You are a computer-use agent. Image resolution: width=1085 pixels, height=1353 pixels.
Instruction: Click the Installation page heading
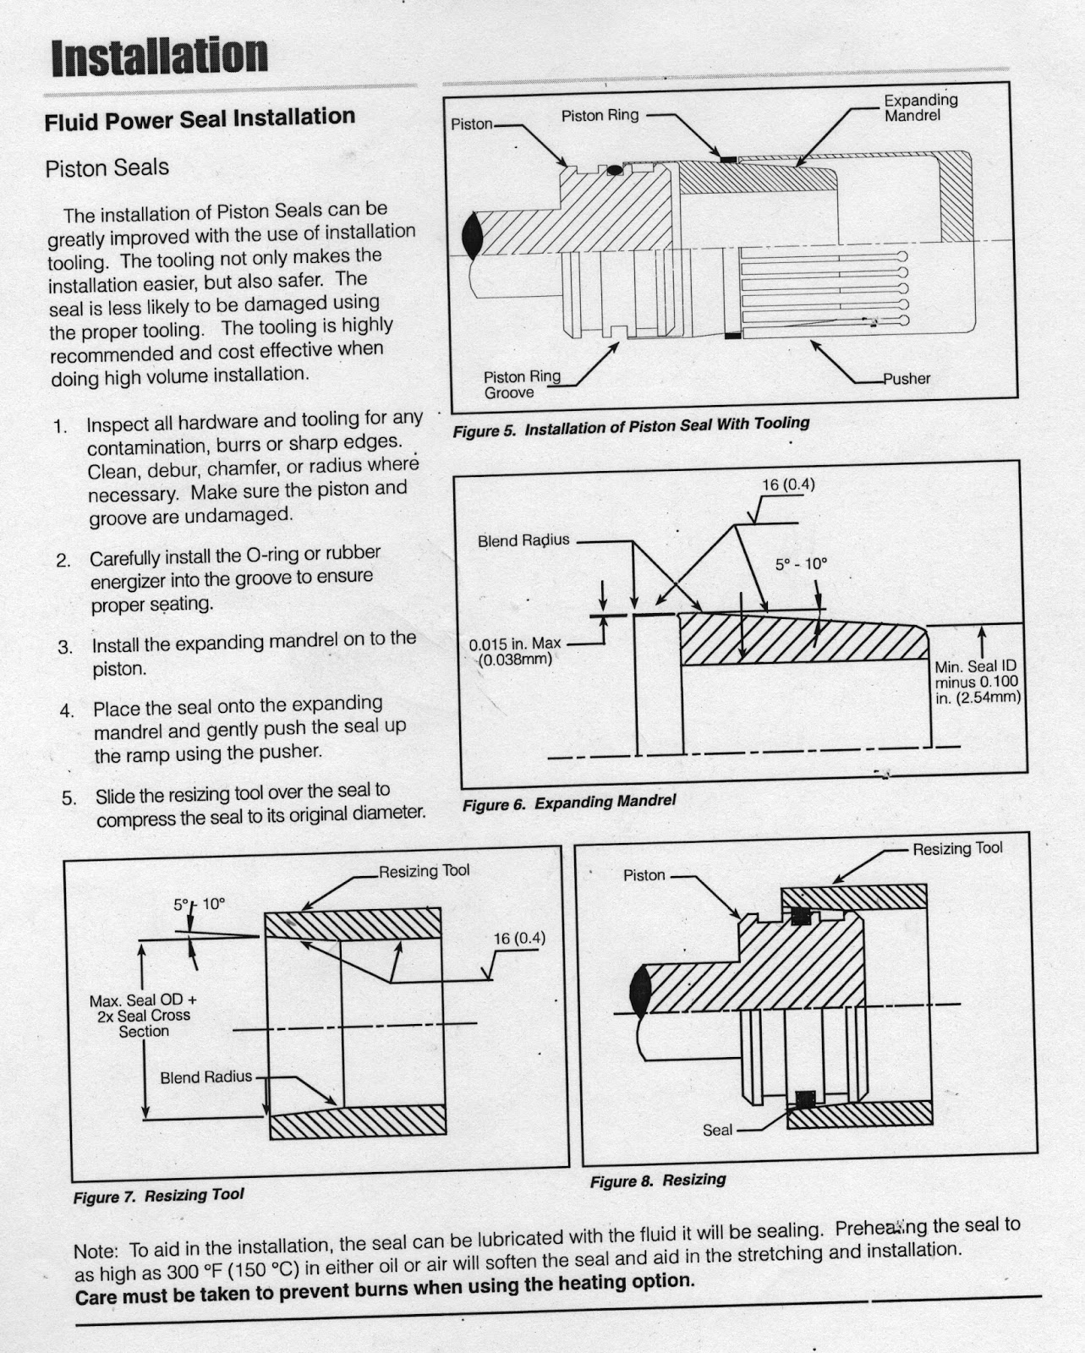pyautogui.click(x=159, y=57)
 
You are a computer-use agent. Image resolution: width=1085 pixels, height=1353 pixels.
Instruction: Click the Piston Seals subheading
pyautogui.click(x=107, y=167)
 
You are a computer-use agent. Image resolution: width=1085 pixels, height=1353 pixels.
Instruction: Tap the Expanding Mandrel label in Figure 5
pyautogui.click(x=920, y=107)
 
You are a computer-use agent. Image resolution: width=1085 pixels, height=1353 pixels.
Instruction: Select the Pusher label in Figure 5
pyautogui.click(x=907, y=379)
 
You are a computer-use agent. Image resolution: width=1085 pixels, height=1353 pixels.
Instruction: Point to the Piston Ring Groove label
pyautogui.click(x=521, y=385)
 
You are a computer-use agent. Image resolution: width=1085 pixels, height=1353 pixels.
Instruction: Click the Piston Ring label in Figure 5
pyautogui.click(x=600, y=116)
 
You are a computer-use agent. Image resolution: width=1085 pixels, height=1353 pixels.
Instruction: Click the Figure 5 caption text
pyautogui.click(x=631, y=426)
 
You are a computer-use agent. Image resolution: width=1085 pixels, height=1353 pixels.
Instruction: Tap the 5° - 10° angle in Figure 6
pyautogui.click(x=801, y=564)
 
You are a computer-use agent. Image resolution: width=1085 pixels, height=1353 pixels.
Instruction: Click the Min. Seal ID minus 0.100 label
pyautogui.click(x=977, y=682)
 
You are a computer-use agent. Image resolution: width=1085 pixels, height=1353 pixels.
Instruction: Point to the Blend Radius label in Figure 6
pyautogui.click(x=523, y=540)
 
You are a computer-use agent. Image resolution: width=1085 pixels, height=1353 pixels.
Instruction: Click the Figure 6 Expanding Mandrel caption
pyautogui.click(x=569, y=802)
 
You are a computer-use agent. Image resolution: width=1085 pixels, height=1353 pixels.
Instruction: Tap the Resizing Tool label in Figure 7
pyautogui.click(x=424, y=871)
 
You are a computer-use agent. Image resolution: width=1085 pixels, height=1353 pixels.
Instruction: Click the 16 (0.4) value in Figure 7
pyautogui.click(x=519, y=939)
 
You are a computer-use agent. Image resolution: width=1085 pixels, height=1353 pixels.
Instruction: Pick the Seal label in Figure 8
pyautogui.click(x=717, y=1130)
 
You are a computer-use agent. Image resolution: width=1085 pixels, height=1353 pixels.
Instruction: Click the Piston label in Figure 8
pyautogui.click(x=644, y=875)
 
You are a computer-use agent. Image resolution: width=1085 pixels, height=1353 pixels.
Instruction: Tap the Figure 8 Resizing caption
pyautogui.click(x=657, y=1180)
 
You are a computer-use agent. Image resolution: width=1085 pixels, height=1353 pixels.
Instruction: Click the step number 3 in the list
pyautogui.click(x=65, y=648)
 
